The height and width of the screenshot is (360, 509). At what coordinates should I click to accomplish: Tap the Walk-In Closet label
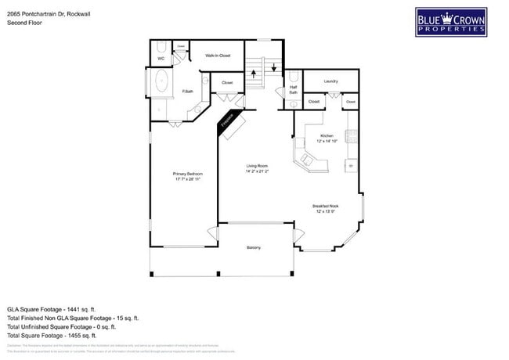pos(218,56)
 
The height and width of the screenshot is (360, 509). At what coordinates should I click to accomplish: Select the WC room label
pos(161,59)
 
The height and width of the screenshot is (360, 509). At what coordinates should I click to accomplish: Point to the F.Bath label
pos(188,92)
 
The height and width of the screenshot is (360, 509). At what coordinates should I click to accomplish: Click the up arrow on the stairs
pos(254,77)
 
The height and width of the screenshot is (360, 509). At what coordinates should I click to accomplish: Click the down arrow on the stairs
pos(273,67)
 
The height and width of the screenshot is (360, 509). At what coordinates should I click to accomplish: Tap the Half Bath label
pos(292,90)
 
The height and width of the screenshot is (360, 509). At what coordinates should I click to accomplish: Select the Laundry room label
pos(330,81)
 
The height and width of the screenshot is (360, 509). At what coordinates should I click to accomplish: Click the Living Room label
pos(257,166)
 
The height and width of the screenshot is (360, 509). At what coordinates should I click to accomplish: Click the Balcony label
pos(253,247)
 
